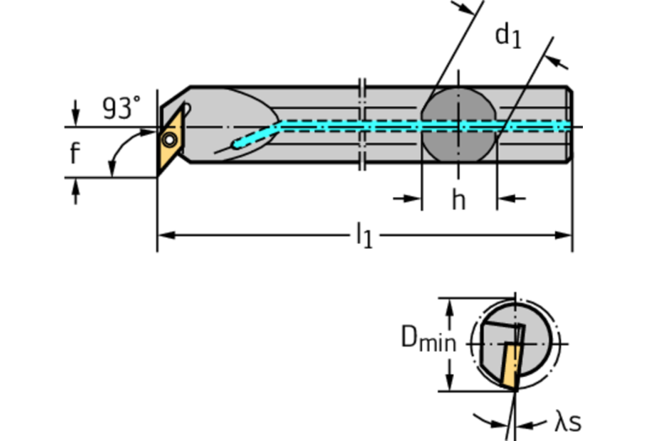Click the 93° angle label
[x=121, y=108]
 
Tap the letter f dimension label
[x=75, y=153]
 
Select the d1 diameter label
[x=508, y=35]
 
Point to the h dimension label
[x=458, y=200]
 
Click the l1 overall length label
[x=364, y=235]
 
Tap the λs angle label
[x=568, y=421]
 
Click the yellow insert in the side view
[x=171, y=139]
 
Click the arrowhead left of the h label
[x=411, y=199]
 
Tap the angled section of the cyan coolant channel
[x=257, y=134]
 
